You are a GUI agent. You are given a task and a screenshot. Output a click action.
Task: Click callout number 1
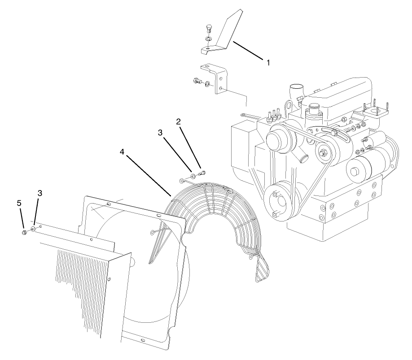pos(268,63)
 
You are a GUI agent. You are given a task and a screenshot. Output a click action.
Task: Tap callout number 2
pos(179,121)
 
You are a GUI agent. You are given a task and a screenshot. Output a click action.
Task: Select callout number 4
pos(122,152)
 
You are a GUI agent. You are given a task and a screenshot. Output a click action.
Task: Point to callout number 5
pos(19,203)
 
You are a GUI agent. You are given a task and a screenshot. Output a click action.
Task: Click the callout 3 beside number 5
pos(40,193)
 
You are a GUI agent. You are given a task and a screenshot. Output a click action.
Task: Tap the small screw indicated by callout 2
pos(202,172)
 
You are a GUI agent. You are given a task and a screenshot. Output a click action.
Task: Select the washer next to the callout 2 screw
pos(193,175)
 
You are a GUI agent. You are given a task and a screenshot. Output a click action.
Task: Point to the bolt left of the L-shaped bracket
pos(197,81)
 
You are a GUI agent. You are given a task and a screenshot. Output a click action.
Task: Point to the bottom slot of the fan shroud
pos(143,341)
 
